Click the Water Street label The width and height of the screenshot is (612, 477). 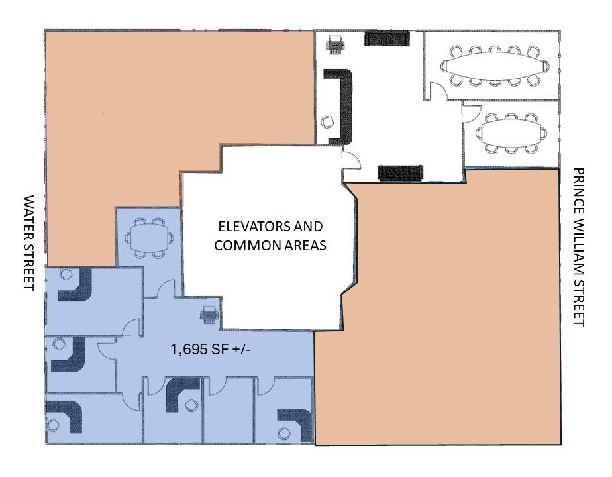(x=29, y=242)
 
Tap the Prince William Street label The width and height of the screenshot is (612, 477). (x=579, y=247)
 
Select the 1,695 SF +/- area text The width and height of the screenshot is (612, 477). (x=211, y=349)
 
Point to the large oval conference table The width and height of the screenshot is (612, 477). (x=495, y=66)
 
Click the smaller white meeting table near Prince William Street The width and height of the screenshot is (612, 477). (x=511, y=132)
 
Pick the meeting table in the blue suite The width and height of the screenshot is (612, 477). (x=149, y=238)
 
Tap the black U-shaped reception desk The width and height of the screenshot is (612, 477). (x=342, y=105)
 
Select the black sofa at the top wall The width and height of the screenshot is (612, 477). (x=387, y=38)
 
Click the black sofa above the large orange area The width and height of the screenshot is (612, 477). (x=401, y=173)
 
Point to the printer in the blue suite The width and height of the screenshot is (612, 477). (x=209, y=315)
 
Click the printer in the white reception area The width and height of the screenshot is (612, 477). (x=335, y=44)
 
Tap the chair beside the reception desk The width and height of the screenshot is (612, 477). (x=327, y=122)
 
